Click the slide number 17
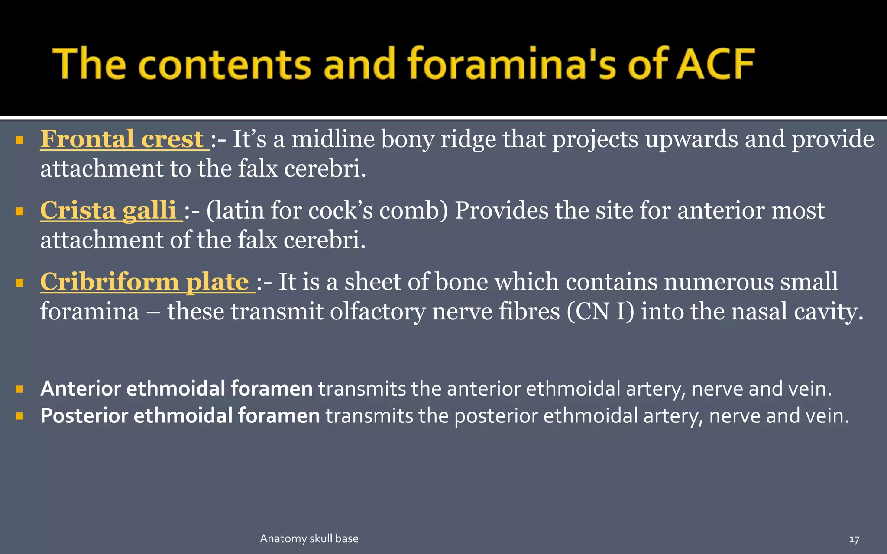point(854,540)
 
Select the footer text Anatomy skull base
point(309,539)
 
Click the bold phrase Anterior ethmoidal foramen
point(176,389)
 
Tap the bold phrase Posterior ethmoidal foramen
point(180,416)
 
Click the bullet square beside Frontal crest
point(19,140)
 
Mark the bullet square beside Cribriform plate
point(19,283)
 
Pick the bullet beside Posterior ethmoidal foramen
point(19,416)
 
